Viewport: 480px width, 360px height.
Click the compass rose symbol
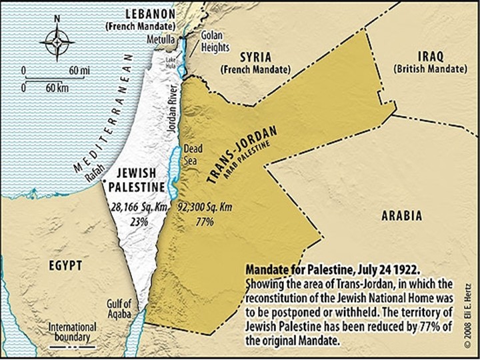pyautogui.click(x=57, y=42)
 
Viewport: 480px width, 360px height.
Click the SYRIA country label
pyautogui.click(x=255, y=57)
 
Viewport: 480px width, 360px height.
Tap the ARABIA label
pyautogui.click(x=401, y=215)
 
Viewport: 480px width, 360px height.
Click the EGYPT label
pyautogui.click(x=65, y=265)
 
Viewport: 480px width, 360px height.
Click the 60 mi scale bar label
pyautogui.click(x=78, y=70)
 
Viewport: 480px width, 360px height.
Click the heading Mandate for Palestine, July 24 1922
pyautogui.click(x=333, y=271)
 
